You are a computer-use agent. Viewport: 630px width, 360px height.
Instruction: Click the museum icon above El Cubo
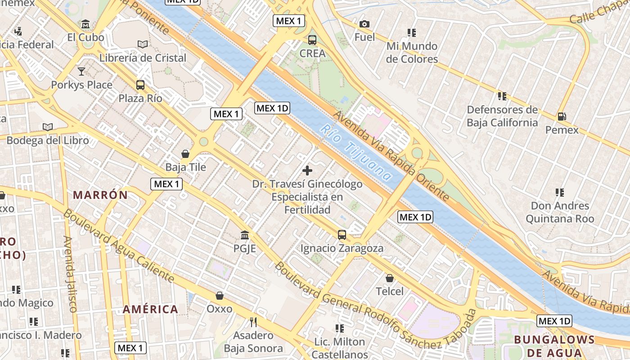point(85,24)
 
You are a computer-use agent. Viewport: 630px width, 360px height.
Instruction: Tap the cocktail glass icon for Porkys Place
point(81,71)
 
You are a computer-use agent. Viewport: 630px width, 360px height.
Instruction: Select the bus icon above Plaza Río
point(140,85)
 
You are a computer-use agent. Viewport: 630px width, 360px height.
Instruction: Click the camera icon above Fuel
point(364,24)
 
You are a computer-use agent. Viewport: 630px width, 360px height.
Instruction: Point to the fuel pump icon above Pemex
point(562,117)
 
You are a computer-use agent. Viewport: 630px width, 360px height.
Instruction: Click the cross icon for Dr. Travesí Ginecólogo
point(307,171)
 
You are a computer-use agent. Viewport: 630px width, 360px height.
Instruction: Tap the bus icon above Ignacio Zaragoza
point(342,234)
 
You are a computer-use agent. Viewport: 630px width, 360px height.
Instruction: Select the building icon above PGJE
point(245,235)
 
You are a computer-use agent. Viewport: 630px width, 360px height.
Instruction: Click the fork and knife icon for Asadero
point(253,322)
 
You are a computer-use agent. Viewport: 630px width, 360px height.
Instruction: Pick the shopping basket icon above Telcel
point(390,278)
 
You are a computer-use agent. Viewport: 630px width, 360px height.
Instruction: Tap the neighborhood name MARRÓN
point(100,195)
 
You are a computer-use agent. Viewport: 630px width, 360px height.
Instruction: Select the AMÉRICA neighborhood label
point(150,309)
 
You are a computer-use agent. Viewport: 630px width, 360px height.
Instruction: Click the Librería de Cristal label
point(143,58)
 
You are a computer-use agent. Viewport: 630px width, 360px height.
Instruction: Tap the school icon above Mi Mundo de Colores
point(412,33)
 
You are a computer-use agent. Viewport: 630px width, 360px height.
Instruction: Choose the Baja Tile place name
point(185,167)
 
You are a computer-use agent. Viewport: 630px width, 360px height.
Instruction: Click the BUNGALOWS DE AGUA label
point(554,346)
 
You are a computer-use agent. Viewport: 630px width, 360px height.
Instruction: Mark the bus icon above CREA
point(312,40)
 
